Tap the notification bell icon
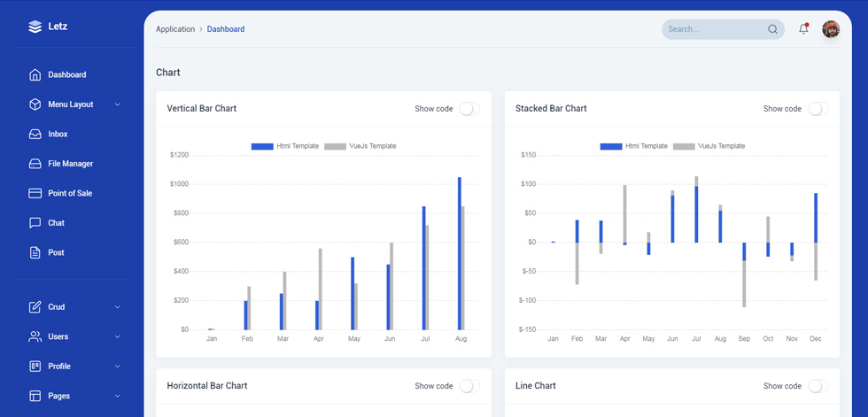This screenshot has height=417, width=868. (804, 28)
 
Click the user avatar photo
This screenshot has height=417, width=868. (831, 29)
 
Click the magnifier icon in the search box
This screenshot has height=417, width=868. (772, 29)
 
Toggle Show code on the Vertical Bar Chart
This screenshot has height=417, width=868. (469, 109)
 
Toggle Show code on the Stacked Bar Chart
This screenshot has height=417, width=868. (818, 109)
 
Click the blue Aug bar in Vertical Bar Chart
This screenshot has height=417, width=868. (460, 253)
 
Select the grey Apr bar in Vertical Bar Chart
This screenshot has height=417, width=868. (321, 290)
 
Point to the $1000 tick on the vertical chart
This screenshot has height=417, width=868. (179, 184)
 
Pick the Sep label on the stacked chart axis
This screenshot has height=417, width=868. (744, 338)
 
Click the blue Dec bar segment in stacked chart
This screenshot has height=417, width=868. (816, 217)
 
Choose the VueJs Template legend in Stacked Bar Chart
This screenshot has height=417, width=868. (709, 146)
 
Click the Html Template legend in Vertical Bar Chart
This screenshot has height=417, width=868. (285, 146)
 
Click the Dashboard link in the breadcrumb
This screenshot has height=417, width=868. (226, 29)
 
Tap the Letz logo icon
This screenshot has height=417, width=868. (35, 27)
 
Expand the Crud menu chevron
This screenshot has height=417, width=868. (117, 307)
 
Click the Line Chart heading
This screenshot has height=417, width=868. (535, 385)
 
